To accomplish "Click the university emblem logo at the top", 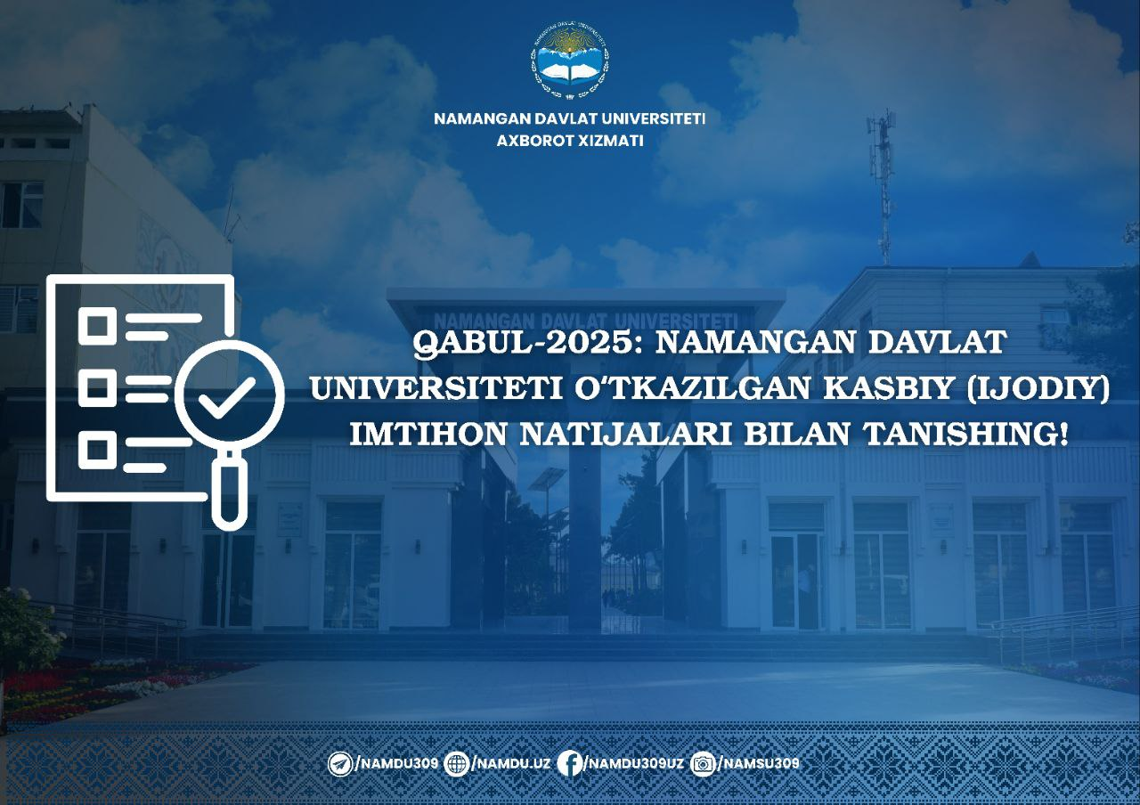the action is tap(569, 60).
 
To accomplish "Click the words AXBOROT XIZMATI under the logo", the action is tap(569, 141).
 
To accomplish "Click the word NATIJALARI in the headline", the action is tap(625, 435).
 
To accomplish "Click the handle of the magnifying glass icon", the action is tap(229, 491).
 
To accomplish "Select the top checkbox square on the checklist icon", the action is tap(97, 326).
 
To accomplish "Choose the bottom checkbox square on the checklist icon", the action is tap(97, 450).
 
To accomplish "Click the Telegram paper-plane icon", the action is tap(339, 764).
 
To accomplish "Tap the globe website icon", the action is tap(457, 764).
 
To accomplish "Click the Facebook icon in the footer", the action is tap(569, 764).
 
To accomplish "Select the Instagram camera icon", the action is tap(704, 764).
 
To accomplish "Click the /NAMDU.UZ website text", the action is tap(511, 764).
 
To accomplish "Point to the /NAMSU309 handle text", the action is tap(759, 763).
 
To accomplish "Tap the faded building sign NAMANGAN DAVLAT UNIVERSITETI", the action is tap(585, 321).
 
